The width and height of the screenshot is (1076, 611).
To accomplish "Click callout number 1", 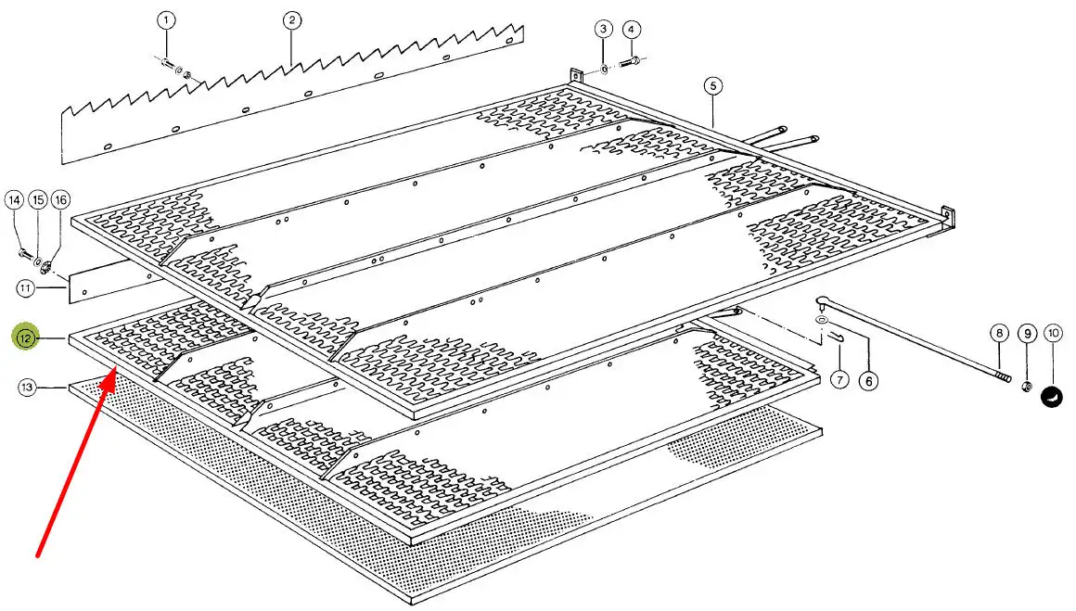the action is (x=165, y=20).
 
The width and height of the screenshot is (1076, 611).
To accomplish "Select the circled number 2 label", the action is (x=291, y=20).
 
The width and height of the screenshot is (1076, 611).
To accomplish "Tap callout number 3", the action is (x=603, y=29).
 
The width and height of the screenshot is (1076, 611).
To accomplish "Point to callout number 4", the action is (x=632, y=30).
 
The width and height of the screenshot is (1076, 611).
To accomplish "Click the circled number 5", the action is (x=713, y=85).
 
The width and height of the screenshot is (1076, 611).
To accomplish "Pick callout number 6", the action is (x=869, y=381).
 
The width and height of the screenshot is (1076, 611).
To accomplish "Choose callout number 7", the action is (x=839, y=379).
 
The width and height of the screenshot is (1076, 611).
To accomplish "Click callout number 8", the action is (x=999, y=333).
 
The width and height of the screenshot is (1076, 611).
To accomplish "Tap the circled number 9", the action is (x=1027, y=334).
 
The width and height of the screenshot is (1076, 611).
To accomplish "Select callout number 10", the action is (x=1054, y=334).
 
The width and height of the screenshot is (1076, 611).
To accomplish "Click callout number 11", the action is (x=25, y=288).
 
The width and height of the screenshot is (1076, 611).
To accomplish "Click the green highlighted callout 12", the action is (x=26, y=337).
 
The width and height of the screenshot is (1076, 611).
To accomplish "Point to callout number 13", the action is (x=26, y=388).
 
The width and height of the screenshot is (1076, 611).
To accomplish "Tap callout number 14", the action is (x=15, y=200).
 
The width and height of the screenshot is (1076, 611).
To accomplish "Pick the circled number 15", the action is (x=38, y=200).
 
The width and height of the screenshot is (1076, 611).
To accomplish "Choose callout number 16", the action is (x=60, y=200).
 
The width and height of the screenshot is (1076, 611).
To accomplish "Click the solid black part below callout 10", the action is (x=1052, y=397).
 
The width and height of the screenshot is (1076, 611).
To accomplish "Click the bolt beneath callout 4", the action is (x=630, y=62).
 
